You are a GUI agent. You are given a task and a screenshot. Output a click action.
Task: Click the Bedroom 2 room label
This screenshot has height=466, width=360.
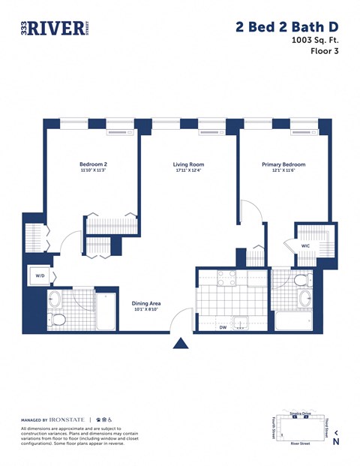[94, 164]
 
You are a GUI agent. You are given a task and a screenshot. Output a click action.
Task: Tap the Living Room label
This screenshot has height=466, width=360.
[188, 164]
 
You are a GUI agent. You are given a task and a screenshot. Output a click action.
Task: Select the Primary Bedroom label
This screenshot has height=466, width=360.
[283, 164]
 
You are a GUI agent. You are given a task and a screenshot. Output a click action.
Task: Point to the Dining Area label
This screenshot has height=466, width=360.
[147, 303]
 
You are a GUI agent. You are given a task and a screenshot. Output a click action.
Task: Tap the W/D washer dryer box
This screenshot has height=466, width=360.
[39, 275]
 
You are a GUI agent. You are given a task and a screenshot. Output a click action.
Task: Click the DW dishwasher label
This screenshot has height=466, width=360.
[223, 328]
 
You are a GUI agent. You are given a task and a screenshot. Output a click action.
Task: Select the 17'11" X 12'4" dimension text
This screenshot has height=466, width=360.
[188, 171]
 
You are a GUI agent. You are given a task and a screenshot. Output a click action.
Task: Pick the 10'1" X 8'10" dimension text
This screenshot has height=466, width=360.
[147, 310]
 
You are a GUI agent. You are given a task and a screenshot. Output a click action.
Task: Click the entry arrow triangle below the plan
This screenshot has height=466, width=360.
[181, 343]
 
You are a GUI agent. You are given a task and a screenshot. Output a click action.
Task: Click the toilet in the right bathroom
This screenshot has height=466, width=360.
[301, 281]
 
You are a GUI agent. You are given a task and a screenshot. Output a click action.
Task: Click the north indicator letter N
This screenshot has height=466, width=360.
[336, 442]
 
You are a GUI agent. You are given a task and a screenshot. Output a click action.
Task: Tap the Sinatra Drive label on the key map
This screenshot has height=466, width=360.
[300, 413]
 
